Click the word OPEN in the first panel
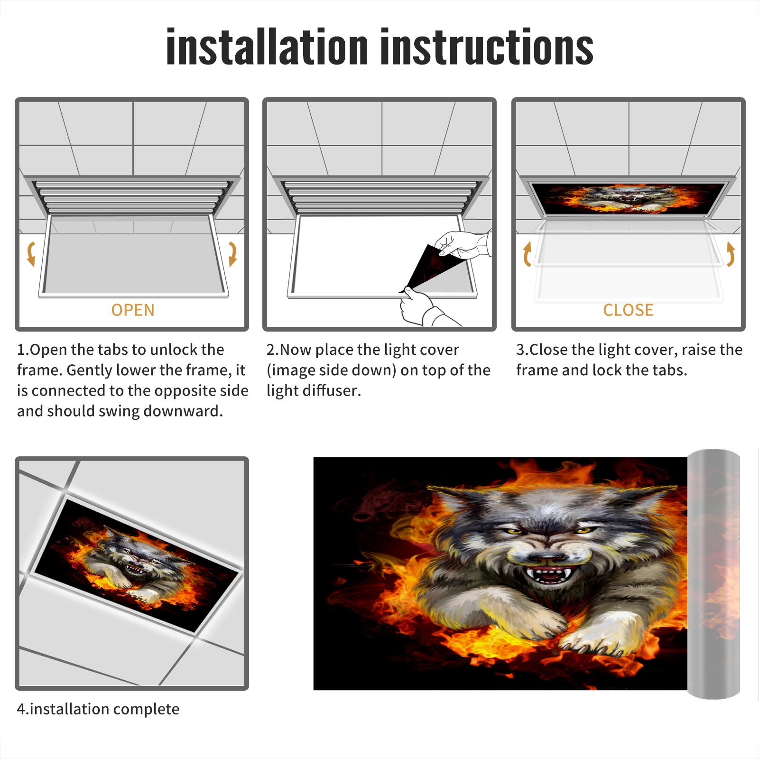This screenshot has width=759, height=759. (x=133, y=310)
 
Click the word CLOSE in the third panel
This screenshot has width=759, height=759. (x=628, y=310)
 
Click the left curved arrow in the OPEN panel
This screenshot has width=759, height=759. (x=31, y=254)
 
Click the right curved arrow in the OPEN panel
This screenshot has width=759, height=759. (x=232, y=254)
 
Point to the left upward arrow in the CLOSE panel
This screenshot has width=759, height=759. (x=527, y=254)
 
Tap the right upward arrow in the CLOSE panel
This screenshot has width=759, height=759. (x=731, y=254)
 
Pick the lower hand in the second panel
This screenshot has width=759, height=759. (x=425, y=308)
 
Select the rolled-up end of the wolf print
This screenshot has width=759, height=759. (x=714, y=574)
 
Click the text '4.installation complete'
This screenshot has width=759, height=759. (x=98, y=709)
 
